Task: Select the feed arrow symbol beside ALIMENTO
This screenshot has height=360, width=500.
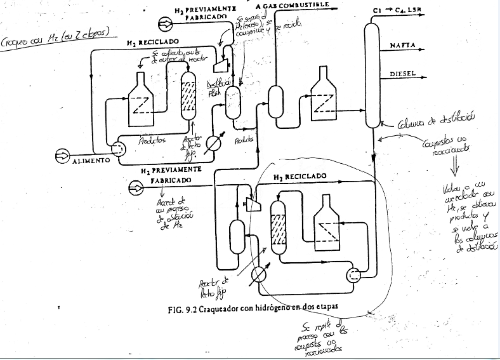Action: [63, 155]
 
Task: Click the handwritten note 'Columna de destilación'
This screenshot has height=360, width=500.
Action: [434, 123]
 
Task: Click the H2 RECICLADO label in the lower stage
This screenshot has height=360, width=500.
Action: [299, 176]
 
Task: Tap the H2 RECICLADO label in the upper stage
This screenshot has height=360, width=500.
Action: [152, 43]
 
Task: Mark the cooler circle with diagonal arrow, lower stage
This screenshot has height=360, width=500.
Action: [258, 274]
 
